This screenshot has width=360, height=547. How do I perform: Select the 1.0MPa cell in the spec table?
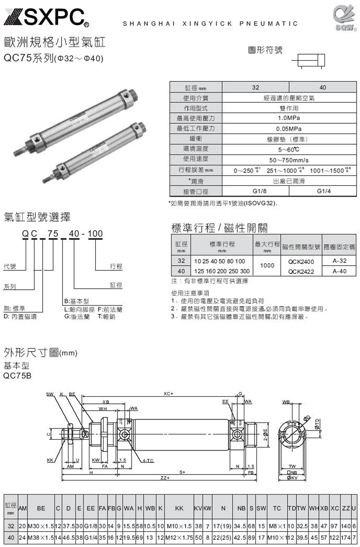(289, 118)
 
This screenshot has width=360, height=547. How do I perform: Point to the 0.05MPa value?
(289, 129)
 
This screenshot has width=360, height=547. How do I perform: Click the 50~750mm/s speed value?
(289, 160)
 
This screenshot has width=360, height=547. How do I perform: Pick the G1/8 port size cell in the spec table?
(260, 191)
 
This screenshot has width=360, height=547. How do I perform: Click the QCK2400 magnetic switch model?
(301, 262)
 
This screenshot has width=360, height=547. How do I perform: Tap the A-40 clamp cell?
(339, 271)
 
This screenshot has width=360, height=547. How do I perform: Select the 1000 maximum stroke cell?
(267, 265)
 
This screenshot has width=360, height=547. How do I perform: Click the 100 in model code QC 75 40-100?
(95, 234)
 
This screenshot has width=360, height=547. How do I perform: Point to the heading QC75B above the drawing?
(17, 376)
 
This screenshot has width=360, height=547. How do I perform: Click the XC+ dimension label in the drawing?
(168, 394)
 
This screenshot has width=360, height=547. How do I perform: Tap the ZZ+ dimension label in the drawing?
(165, 478)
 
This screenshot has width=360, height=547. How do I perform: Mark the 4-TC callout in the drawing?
(148, 461)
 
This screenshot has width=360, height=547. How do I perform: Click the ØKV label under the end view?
(292, 478)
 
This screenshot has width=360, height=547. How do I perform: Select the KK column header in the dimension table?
(179, 508)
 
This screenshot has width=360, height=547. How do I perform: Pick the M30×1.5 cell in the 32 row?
(41, 526)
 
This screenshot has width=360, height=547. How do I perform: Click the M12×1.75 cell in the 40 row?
(179, 537)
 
